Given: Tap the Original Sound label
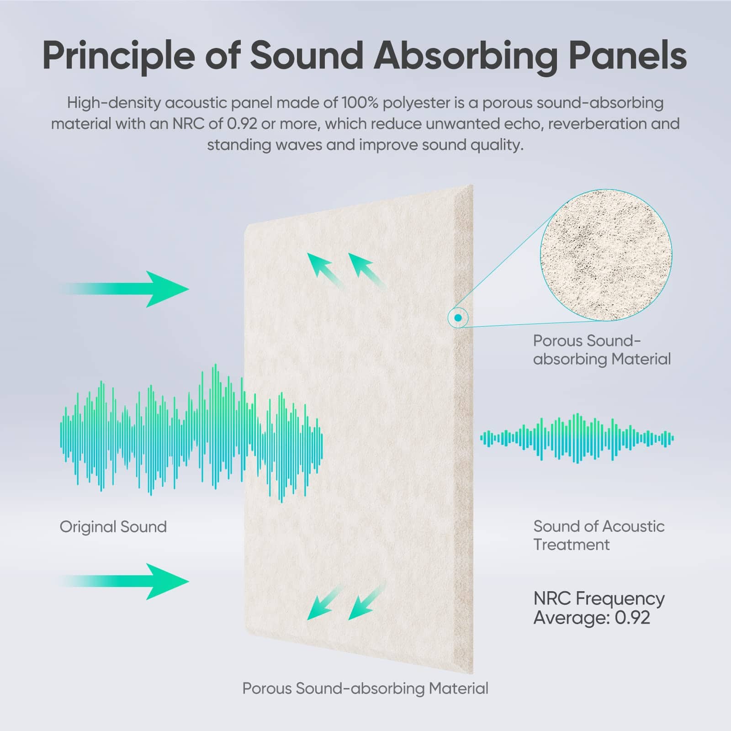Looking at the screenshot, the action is pyautogui.click(x=113, y=527).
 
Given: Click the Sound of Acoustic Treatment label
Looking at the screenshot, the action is pyautogui.click(x=599, y=535).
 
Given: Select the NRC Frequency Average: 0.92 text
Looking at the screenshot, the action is pyautogui.click(x=599, y=608).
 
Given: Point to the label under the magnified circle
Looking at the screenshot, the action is pyautogui.click(x=602, y=350).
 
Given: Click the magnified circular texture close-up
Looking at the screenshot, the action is pyautogui.click(x=606, y=255).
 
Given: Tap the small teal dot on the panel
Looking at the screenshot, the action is pyautogui.click(x=458, y=318).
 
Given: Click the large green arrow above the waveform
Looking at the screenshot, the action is pyautogui.click(x=123, y=289).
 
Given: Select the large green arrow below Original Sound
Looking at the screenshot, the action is pyautogui.click(x=123, y=581).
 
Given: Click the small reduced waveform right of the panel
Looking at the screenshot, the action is pyautogui.click(x=577, y=439).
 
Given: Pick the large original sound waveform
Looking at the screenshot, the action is pyautogui.click(x=191, y=433).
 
